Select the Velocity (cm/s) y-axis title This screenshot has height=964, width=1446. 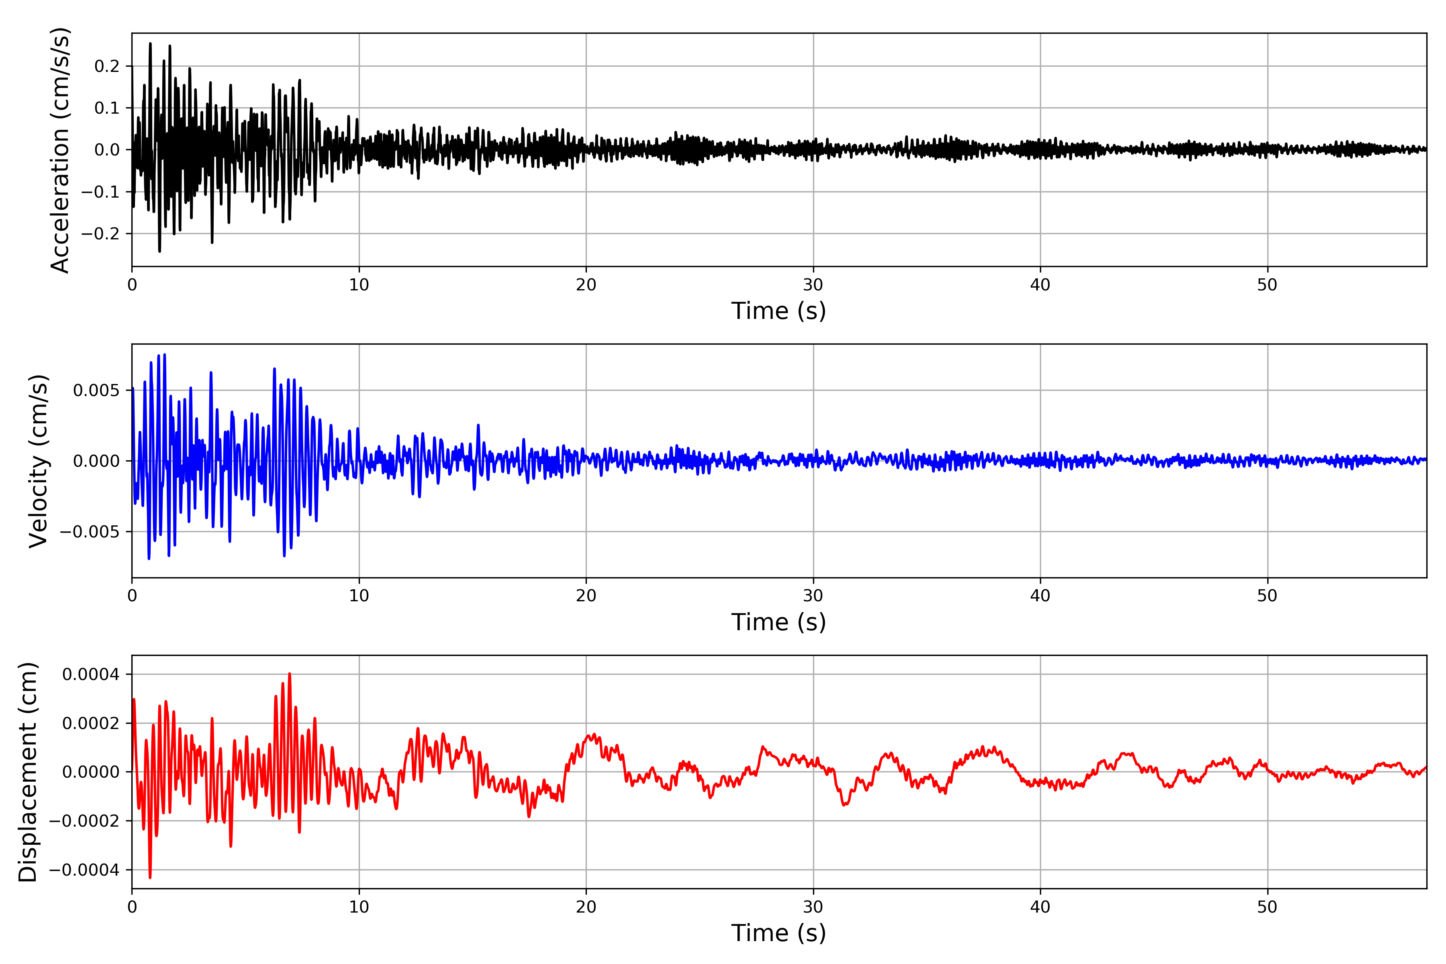[x=38, y=461]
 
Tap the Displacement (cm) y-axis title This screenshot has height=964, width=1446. [x=28, y=772]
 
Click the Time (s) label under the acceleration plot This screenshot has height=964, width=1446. [x=778, y=311]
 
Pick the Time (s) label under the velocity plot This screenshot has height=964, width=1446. [x=778, y=622]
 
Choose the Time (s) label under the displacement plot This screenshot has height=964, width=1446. [x=778, y=933]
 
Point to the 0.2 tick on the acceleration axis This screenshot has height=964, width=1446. [x=106, y=66]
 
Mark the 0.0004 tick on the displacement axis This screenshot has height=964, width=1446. [x=90, y=674]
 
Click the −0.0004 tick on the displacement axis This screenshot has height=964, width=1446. [x=84, y=870]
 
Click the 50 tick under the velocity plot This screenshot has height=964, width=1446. [x=1267, y=596]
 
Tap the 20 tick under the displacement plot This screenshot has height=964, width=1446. [x=586, y=907]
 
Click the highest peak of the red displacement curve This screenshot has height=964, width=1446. [x=290, y=674]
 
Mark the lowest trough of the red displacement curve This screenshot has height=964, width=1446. [x=150, y=877]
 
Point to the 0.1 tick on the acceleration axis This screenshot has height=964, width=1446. [x=106, y=108]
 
